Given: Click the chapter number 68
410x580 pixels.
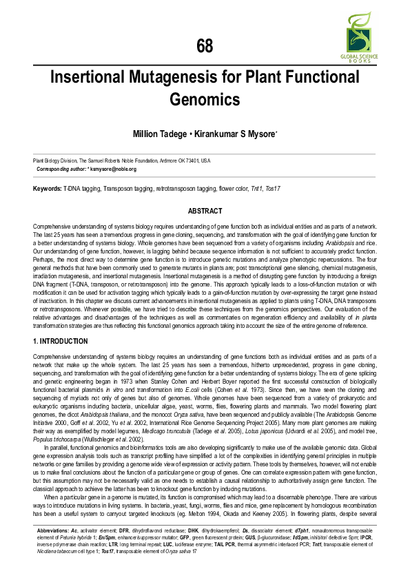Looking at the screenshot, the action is click(x=205, y=46).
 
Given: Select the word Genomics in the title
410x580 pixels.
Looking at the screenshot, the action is click(x=205, y=99).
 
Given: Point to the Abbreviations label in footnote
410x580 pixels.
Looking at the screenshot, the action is click(x=56, y=550).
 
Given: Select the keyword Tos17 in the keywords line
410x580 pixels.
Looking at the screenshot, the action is click(x=274, y=188).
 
